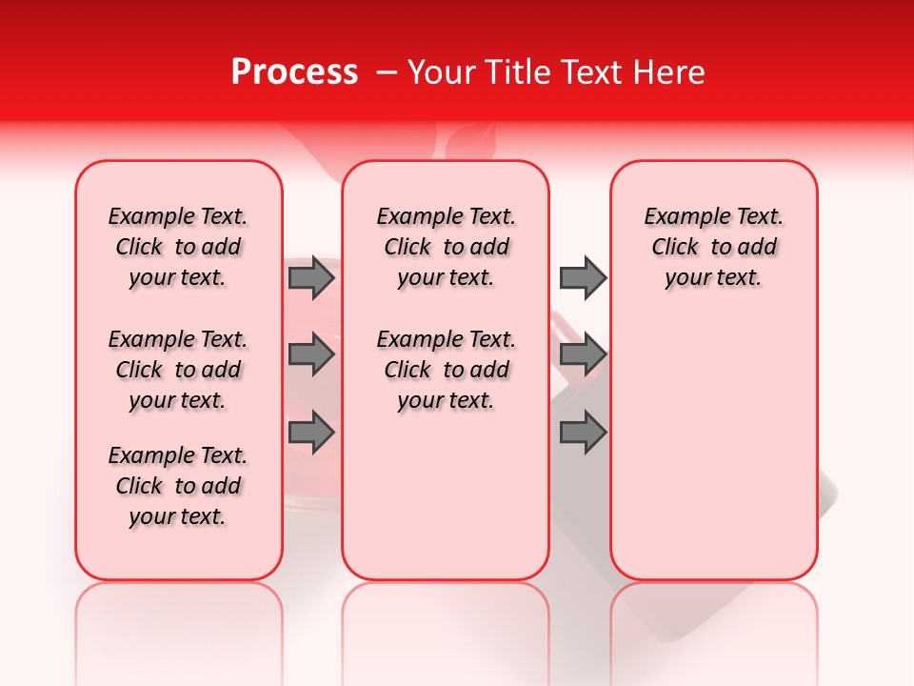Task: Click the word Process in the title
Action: click(x=294, y=72)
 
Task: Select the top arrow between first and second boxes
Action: click(x=311, y=277)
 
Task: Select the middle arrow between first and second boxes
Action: click(x=311, y=354)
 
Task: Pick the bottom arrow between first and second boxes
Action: click(x=311, y=433)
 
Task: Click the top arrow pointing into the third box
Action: click(x=583, y=277)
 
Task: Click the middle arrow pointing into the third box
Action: click(x=583, y=354)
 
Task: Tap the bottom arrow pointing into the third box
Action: click(x=583, y=433)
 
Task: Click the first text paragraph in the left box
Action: click(x=178, y=247)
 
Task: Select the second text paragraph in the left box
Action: click(x=178, y=370)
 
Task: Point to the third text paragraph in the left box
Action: click(x=178, y=486)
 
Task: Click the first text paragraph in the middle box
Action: click(x=447, y=247)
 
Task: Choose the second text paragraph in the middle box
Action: click(x=447, y=370)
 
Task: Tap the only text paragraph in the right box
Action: click(x=714, y=247)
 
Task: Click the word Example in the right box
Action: click(x=679, y=217)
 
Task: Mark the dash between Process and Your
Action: click(x=387, y=72)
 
